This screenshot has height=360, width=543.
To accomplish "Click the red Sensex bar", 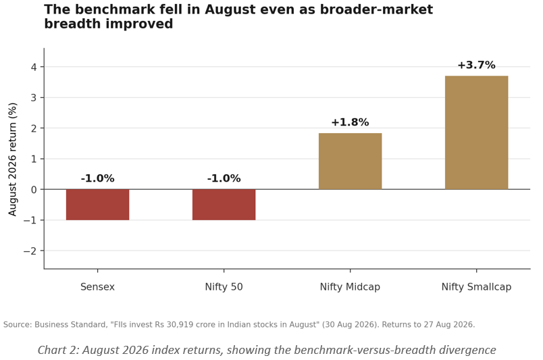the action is tap(98, 205).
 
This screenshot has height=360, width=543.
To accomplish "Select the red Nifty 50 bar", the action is tap(224, 205).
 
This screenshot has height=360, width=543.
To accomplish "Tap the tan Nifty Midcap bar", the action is tap(350, 161).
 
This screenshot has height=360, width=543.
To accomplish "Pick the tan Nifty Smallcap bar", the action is tap(477, 132).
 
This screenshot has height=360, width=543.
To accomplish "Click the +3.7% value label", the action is tap(477, 65).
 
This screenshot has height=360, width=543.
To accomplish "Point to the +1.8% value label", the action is tap(350, 122).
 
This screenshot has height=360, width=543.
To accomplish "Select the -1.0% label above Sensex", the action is tap(98, 178).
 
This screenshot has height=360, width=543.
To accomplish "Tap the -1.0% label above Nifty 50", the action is tap(224, 178).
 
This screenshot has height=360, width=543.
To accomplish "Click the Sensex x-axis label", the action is tap(97, 287).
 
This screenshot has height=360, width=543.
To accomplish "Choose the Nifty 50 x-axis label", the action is tap(224, 287).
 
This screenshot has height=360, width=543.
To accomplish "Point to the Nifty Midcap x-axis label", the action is tap(350, 287).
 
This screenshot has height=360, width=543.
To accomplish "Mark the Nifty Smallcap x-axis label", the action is tap(477, 287).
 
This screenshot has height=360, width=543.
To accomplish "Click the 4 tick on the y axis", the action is tap(34, 67).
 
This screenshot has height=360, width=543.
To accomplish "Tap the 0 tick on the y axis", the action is tap(34, 190).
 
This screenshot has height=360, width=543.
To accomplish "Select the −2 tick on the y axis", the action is tap(30, 251).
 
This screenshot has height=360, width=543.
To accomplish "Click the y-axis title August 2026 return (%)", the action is tap(12, 159).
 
